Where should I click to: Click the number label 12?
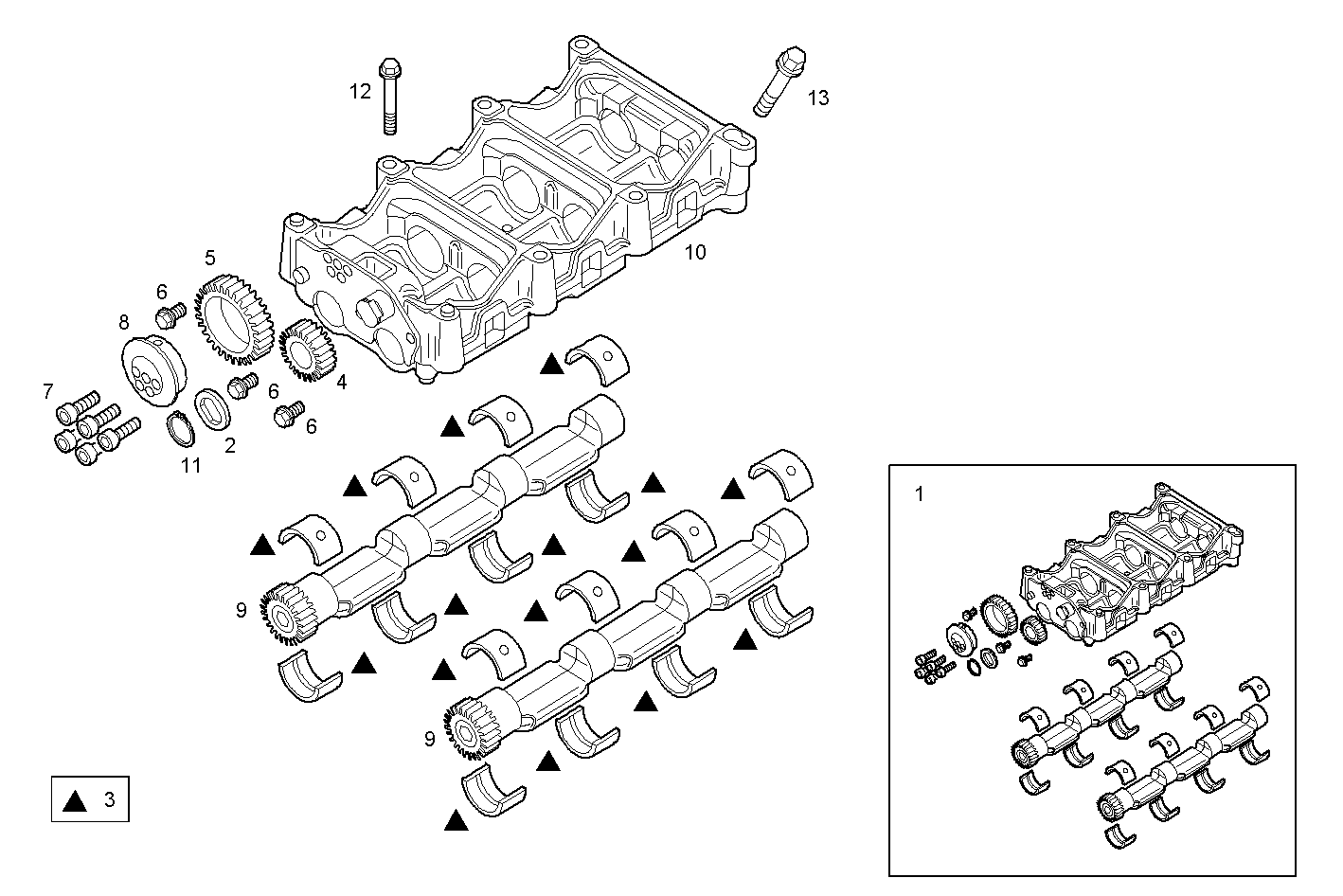coord(360,92)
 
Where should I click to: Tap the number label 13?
coord(818,98)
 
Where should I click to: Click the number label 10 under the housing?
coord(695,252)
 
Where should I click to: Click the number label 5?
coord(209,258)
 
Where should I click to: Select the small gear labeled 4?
coord(304,349)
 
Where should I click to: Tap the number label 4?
coord(341,383)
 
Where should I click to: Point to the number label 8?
coord(124,322)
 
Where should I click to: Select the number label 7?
coord(47,390)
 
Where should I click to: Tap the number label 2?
coord(230,445)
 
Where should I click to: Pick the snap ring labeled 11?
coord(179,430)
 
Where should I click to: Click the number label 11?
coord(191,466)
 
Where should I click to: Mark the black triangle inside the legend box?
coord(75,801)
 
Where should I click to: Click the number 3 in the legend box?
coord(109,800)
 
